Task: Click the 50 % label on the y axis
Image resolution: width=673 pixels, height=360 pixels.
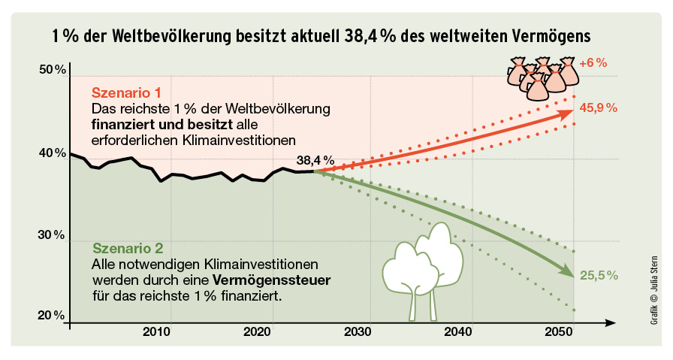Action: [52, 71]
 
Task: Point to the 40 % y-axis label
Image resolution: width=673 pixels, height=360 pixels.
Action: [52, 154]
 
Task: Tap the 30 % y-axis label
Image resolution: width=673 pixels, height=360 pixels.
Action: [52, 235]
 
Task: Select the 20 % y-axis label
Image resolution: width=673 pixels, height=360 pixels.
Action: [52, 315]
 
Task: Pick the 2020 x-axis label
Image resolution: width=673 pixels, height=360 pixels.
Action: [257, 331]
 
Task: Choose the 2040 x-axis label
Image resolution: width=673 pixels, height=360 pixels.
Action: [459, 331]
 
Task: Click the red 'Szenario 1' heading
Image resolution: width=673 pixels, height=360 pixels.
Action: [126, 93]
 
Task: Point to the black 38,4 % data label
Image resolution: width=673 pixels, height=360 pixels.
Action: [315, 161]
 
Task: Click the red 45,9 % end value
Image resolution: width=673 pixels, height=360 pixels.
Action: [599, 107]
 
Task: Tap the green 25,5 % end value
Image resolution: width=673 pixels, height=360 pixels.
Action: [599, 276]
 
